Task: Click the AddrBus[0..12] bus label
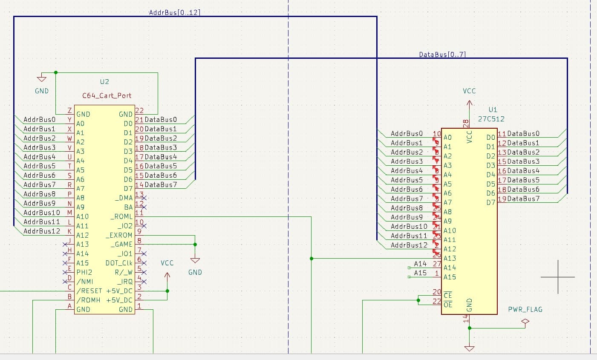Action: tap(174, 13)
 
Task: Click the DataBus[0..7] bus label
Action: tap(442, 55)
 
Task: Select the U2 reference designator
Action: tap(104, 82)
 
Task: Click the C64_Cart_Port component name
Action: tap(107, 95)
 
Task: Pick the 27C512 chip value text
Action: tap(491, 119)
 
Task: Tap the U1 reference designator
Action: tap(493, 109)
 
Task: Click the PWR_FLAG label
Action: tap(525, 309)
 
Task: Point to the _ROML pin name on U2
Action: tap(121, 216)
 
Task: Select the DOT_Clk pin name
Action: tap(119, 263)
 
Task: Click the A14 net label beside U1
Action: tap(420, 264)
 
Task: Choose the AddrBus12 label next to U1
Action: tap(409, 245)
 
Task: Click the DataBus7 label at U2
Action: tap(160, 184)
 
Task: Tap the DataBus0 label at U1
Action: tap(523, 134)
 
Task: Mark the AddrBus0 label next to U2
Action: tap(39, 120)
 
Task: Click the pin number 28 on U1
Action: tap(466, 123)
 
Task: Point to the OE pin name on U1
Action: tap(447, 305)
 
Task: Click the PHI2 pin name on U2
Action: tap(84, 272)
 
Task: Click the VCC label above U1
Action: tap(469, 91)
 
